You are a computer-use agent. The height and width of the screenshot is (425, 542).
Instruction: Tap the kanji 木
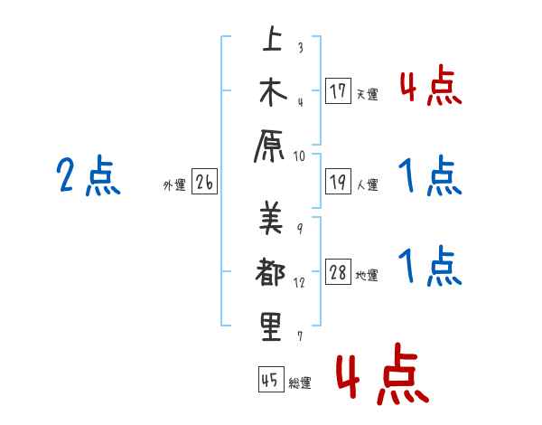point(271,92)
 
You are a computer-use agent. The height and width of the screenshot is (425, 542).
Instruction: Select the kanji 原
point(271,145)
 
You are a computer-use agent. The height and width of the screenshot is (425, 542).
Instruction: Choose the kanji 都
point(271,272)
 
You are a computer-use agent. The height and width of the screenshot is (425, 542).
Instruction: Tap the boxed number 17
point(338,91)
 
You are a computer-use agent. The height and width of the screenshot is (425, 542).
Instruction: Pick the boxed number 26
point(204,184)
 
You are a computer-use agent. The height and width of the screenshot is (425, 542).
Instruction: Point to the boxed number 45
point(270,381)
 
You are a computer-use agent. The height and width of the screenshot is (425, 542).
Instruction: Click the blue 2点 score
point(88,176)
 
